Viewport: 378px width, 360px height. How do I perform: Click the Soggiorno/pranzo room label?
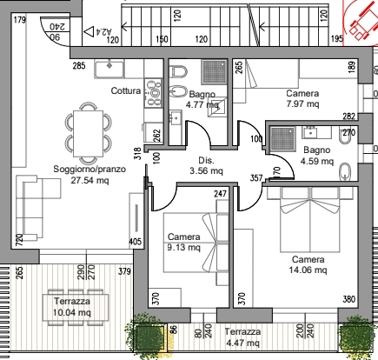point(90,169)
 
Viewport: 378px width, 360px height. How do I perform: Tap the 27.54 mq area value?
point(90,180)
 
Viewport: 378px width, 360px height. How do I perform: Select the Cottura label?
point(126,90)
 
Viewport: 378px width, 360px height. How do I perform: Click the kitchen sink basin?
point(109,69)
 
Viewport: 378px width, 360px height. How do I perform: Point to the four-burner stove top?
point(153,93)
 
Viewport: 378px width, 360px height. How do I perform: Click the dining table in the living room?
point(89,134)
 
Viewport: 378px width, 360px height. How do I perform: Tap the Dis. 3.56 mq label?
point(206,165)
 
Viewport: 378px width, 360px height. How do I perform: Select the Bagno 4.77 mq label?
point(202,99)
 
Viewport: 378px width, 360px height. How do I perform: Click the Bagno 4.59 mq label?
point(317,156)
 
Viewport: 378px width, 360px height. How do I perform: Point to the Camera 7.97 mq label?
point(302,98)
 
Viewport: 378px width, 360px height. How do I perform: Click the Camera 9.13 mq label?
point(184,242)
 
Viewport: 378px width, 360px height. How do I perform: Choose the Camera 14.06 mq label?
point(308,264)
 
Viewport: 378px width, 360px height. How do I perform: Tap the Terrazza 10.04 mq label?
point(72,307)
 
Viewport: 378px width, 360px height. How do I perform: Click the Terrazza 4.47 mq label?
point(242,337)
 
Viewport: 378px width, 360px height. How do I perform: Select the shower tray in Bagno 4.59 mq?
point(282,139)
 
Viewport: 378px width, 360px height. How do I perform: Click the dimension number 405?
point(136,242)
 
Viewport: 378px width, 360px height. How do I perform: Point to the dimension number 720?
point(19,240)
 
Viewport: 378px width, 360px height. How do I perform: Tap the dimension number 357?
point(256,177)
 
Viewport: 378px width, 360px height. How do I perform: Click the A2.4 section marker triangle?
point(89,31)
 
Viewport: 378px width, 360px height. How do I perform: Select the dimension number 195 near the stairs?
point(337,38)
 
